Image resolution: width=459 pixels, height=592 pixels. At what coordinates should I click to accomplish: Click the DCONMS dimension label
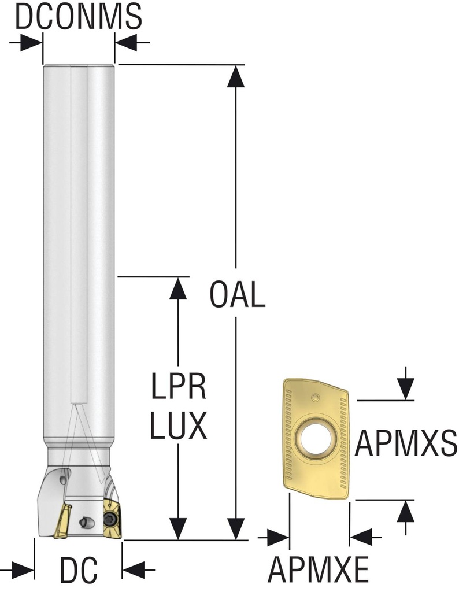(x=78, y=17)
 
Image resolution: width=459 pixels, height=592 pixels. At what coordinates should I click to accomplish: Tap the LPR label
(x=179, y=388)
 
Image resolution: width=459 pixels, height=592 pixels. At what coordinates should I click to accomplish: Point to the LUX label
(x=179, y=427)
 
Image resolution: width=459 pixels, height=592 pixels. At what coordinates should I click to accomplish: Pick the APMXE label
(x=318, y=571)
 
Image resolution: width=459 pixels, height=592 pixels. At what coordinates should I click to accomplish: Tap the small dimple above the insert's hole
(x=315, y=397)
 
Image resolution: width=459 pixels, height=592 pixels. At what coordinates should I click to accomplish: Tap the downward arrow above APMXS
(x=407, y=388)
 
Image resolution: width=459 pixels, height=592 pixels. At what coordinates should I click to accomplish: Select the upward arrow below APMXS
(x=407, y=512)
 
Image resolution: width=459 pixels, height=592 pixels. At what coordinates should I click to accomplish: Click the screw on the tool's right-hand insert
(x=112, y=517)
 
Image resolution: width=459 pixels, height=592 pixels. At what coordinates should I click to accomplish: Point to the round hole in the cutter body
(x=86, y=523)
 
